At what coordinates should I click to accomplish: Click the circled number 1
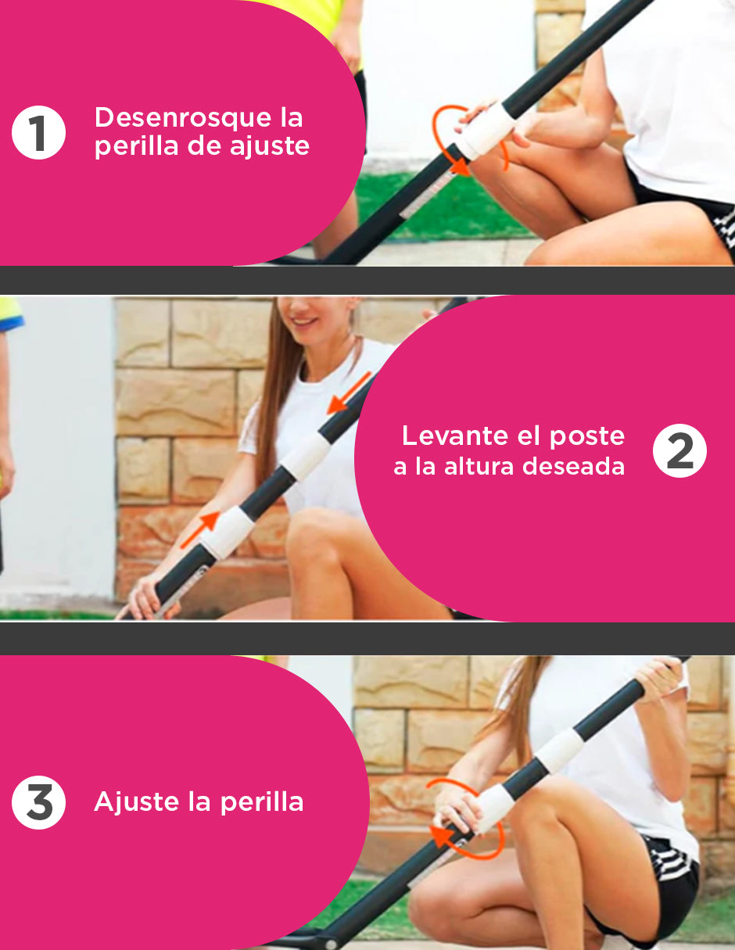pyautogui.click(x=38, y=132)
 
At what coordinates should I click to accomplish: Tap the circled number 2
pyautogui.click(x=679, y=450)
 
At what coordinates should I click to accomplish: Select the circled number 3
pyautogui.click(x=38, y=802)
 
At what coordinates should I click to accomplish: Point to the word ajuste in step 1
pyautogui.click(x=270, y=147)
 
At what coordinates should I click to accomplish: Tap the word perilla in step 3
pyautogui.click(x=262, y=803)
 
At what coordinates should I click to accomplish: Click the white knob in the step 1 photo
pyautogui.click(x=487, y=131)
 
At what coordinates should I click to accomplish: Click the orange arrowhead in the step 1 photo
pyautogui.click(x=460, y=167)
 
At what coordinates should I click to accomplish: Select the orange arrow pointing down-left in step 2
pyautogui.click(x=350, y=393)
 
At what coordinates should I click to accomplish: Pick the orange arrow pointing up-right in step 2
pyautogui.click(x=199, y=530)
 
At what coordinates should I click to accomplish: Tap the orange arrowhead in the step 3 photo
pyautogui.click(x=440, y=836)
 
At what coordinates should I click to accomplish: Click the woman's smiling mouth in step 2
pyautogui.click(x=306, y=322)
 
